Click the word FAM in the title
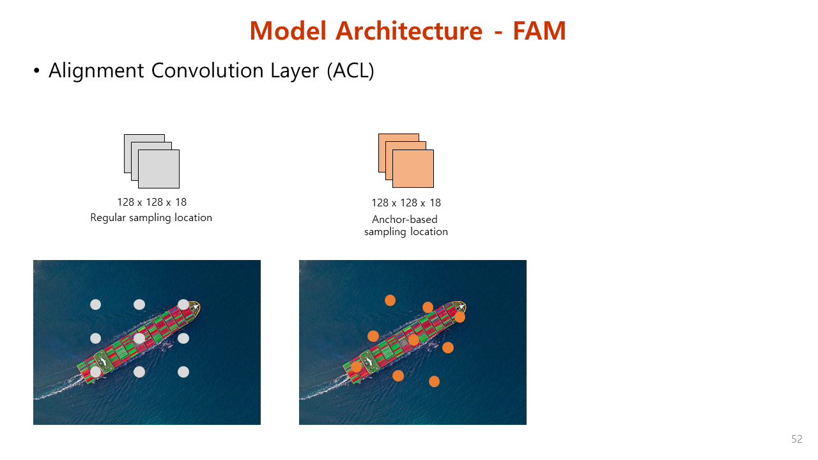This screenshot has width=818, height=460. coord(539,31)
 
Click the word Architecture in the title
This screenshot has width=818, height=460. coord(409,31)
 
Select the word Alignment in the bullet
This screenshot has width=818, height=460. coord(96,71)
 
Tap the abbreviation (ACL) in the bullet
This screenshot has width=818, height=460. coord(351,70)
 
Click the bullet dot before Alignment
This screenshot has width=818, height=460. coord(36,70)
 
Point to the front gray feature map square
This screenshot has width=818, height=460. coord(159,169)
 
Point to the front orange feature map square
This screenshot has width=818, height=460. coord(413,169)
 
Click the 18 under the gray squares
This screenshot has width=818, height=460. coord(180,203)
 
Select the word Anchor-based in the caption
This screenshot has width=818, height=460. coord(405,219)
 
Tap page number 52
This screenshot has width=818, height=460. coord(797,439)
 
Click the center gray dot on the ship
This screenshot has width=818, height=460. coord(139,339)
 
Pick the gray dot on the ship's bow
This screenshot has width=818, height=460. coord(183,305)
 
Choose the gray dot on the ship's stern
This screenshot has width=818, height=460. coord(96,372)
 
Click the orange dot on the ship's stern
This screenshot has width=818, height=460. coord(356,366)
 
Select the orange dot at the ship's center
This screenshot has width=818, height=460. coord(413,340)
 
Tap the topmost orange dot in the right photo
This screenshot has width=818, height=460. coord(390,300)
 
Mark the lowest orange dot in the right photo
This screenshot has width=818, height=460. coord(434,381)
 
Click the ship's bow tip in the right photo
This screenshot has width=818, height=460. coord(466,306)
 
